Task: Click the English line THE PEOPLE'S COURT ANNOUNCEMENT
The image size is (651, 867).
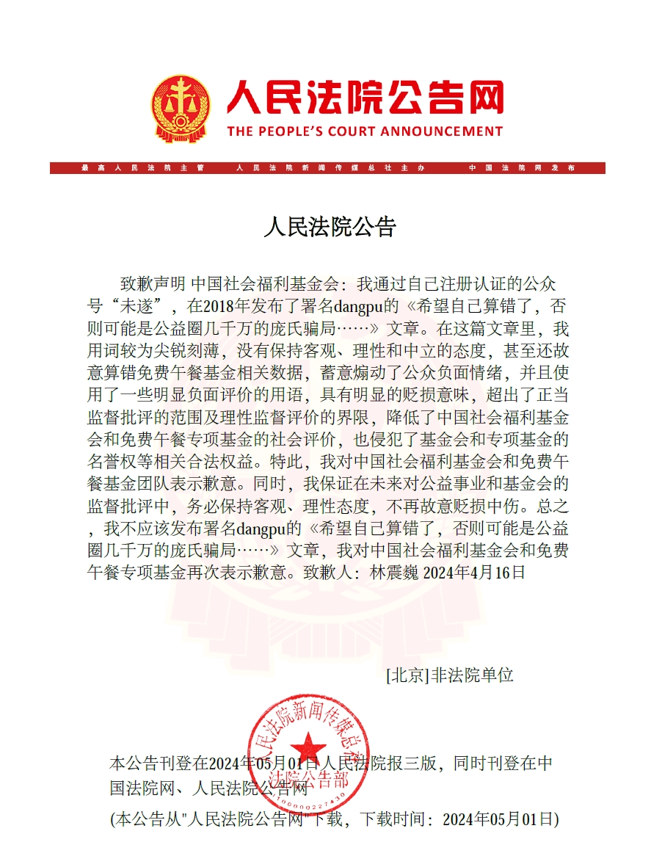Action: tap(365, 132)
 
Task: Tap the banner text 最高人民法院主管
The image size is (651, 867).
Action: tap(142, 168)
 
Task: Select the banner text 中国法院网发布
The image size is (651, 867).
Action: tap(522, 168)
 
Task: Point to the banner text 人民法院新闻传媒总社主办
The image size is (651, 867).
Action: tap(330, 168)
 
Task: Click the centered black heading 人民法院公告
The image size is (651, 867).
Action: tap(330, 227)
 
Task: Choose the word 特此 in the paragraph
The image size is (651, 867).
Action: tap(289, 462)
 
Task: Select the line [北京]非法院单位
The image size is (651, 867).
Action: tap(449, 675)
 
